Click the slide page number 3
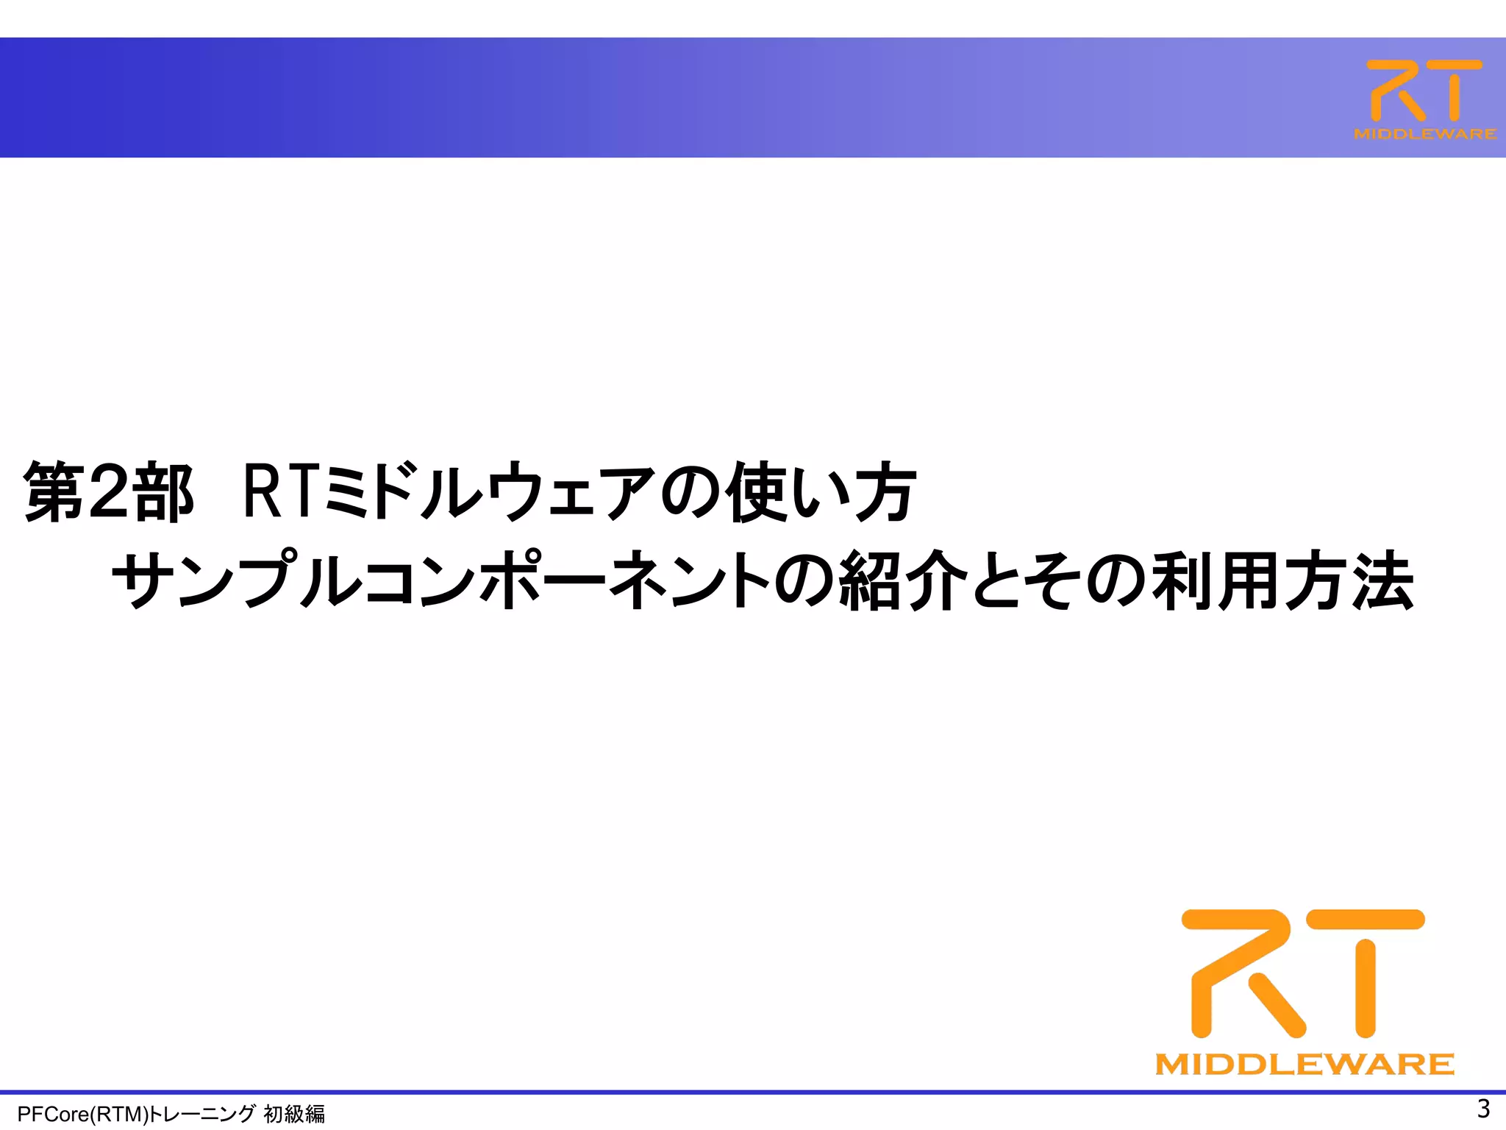coord(1483,1108)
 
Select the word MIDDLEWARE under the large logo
coord(1305,1065)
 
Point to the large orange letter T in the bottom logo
coord(1366,971)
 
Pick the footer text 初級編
coord(294,1115)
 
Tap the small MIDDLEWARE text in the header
coord(1424,134)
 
